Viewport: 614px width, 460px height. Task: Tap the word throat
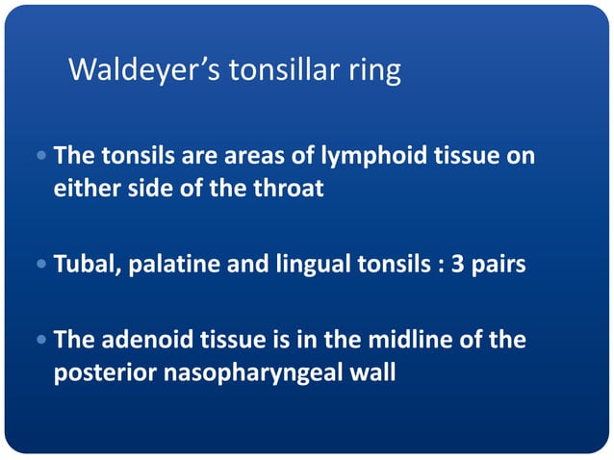click(x=288, y=188)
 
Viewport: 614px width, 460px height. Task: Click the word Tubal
click(x=84, y=264)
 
